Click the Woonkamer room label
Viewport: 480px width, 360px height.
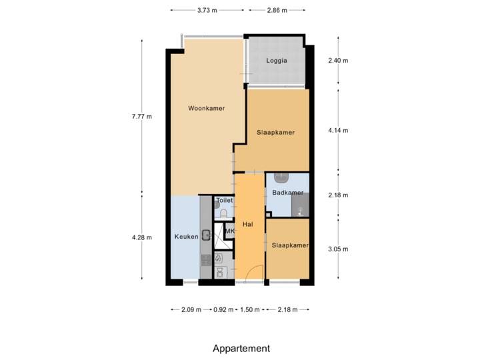(206, 108)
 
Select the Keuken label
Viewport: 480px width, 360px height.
(184, 237)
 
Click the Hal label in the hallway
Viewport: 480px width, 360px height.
(248, 224)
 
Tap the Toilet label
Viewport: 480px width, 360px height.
(225, 200)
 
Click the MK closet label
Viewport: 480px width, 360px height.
(230, 231)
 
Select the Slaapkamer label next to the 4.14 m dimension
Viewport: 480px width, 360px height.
(275, 132)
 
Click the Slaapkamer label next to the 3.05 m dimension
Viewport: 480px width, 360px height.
(290, 245)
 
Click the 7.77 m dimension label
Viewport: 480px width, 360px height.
(141, 117)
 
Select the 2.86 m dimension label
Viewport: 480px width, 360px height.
(277, 10)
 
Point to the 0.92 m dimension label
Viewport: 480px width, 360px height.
(223, 309)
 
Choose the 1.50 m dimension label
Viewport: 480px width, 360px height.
(250, 309)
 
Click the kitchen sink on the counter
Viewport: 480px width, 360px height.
(207, 234)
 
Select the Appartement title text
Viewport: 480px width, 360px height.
(241, 348)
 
